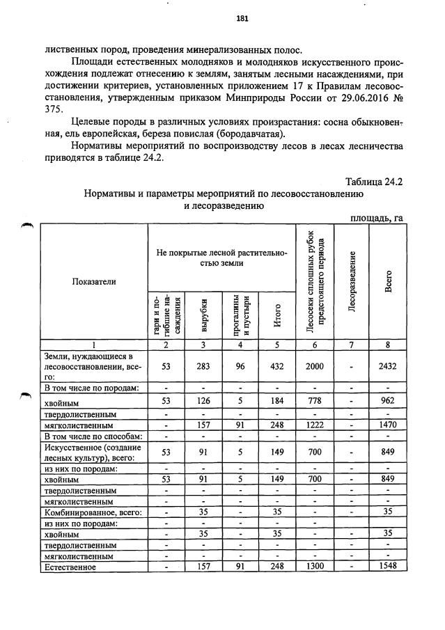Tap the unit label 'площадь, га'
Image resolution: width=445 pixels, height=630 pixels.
[x=377, y=218]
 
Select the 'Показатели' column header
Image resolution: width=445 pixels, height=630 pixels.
[x=93, y=281]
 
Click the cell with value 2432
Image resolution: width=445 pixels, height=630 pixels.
[x=387, y=366]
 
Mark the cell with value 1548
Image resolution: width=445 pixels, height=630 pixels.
[x=387, y=567]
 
